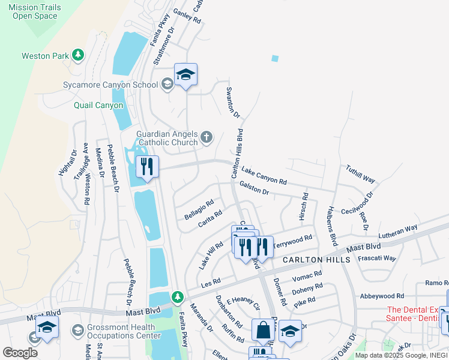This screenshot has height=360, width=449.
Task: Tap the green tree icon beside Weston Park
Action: click(x=77, y=56)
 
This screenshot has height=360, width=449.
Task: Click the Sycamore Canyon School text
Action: click(x=110, y=85)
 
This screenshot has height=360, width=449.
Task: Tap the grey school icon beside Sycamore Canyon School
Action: click(x=167, y=85)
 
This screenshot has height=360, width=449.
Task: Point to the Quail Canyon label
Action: click(x=98, y=105)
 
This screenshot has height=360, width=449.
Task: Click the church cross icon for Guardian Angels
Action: click(x=206, y=137)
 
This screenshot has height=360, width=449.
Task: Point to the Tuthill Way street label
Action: click(x=360, y=175)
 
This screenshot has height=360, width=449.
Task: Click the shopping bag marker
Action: click(x=263, y=329)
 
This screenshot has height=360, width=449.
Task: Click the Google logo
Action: click(x=20, y=352)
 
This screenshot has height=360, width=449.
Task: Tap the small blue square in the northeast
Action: click(x=275, y=58)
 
